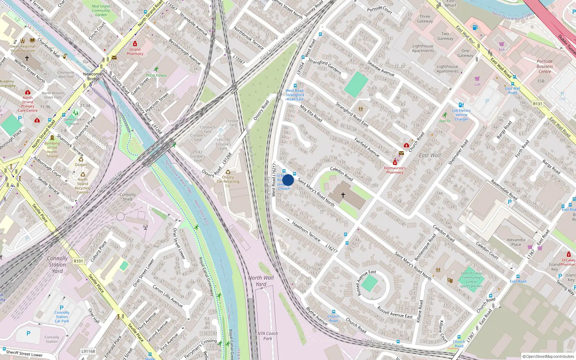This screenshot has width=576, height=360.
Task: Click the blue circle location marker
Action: tap(288, 180)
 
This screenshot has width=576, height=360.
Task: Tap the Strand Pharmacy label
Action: tap(135, 51)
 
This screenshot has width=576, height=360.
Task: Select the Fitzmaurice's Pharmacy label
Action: tap(395, 170)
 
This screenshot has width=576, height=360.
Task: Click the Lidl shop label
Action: tap(477, 84)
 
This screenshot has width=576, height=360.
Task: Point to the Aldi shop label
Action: tap(502, 50)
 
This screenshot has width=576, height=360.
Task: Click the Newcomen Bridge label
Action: tap(93, 76)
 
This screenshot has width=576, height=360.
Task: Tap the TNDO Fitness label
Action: tap(156, 76)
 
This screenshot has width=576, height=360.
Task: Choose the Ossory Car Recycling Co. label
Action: tap(228, 181)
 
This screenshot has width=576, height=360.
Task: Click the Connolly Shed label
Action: tap(128, 197)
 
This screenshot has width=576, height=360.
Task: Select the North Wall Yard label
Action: tap(261, 281)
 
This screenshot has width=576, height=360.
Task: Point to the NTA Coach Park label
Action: tap(267, 336)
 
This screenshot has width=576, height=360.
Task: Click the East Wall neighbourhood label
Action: tap(429, 156)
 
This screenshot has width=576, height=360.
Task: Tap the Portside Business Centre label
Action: tap(545, 66)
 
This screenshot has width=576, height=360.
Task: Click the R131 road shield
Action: tap(537, 104)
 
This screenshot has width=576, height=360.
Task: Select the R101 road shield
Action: tap(78, 261)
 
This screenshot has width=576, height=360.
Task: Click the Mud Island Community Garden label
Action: tap(101, 10)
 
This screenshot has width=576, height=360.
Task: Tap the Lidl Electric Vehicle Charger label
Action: tap(462, 115)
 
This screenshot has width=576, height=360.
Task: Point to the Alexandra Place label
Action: tap(516, 242)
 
